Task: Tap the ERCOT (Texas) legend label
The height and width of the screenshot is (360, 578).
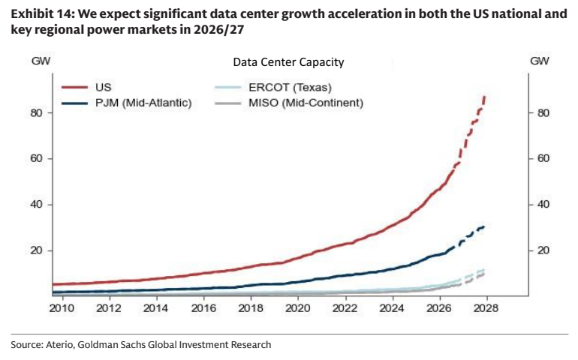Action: (290, 87)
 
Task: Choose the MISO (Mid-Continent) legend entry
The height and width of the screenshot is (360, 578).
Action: (306, 103)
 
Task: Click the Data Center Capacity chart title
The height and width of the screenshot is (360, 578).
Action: (289, 62)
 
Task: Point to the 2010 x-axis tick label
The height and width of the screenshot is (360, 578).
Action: (62, 308)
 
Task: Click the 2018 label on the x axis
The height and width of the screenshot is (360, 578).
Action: (251, 308)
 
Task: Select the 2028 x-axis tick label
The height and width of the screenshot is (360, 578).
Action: (486, 308)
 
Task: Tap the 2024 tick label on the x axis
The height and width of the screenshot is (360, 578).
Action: (392, 308)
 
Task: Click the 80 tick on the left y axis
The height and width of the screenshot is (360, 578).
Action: (37, 112)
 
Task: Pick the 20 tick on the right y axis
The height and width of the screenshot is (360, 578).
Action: (543, 250)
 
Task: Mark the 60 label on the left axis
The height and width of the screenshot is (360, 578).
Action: (37, 158)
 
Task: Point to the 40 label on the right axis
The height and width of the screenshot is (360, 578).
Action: (543, 205)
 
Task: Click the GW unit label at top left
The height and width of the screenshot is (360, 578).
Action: (41, 61)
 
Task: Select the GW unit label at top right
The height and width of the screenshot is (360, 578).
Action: (540, 61)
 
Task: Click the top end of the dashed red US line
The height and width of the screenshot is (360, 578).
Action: (485, 96)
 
